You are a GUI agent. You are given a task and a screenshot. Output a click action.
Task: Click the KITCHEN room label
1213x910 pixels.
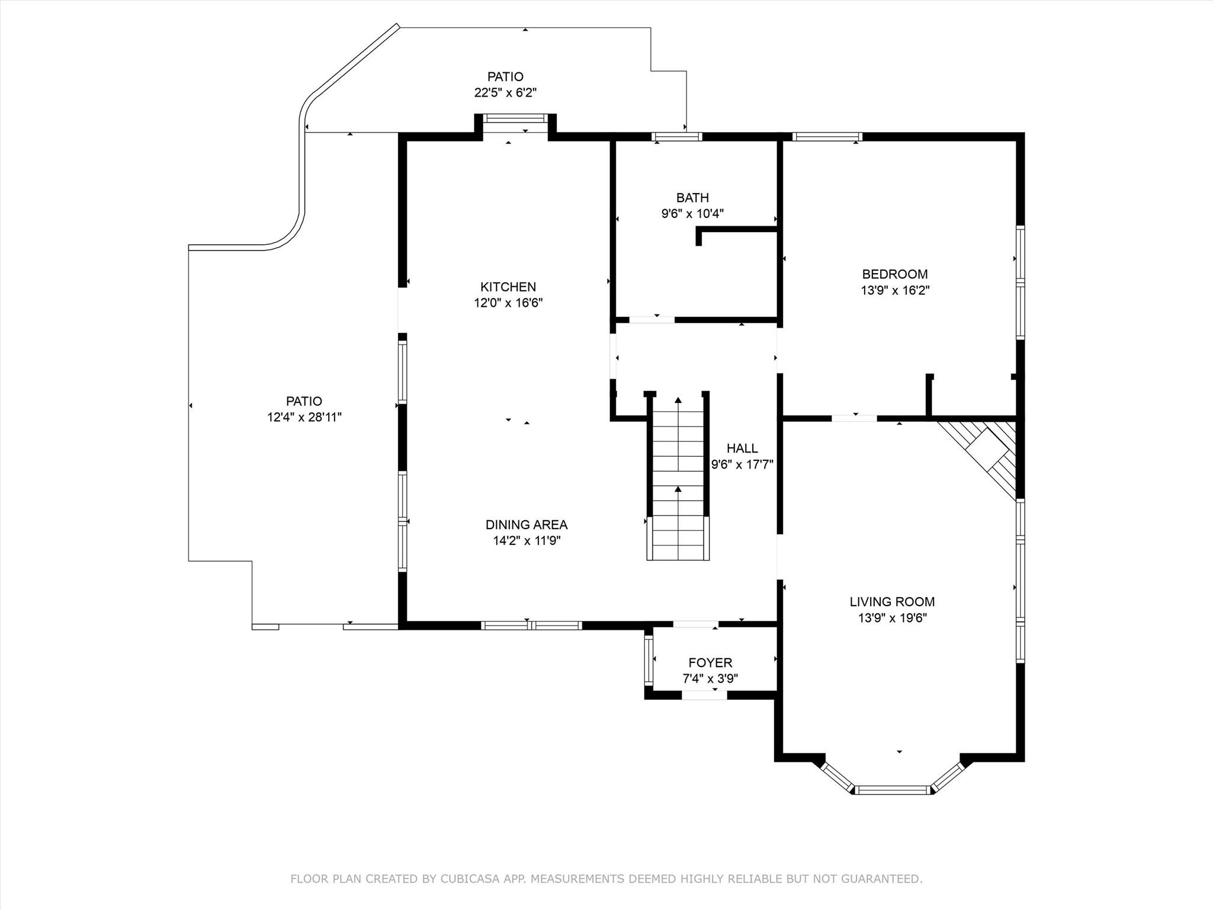tap(508, 287)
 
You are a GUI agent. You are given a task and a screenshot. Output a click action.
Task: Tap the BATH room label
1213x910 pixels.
tap(692, 197)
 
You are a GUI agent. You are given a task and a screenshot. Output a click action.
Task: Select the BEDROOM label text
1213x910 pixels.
tap(895, 274)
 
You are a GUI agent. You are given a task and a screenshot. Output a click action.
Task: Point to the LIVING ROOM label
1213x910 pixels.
tap(892, 602)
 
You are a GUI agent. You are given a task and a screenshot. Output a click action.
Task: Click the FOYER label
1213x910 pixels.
tap(710, 662)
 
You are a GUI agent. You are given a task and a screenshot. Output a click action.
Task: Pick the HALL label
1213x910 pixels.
tap(742, 448)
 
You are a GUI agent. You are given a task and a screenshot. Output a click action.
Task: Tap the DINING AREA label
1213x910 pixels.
tap(527, 524)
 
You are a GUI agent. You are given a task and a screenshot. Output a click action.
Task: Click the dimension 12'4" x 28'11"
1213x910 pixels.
tap(304, 417)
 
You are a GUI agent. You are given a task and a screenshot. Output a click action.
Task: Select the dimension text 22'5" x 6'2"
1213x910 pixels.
tap(505, 92)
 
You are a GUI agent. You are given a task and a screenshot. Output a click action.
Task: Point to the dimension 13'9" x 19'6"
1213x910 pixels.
tap(892, 618)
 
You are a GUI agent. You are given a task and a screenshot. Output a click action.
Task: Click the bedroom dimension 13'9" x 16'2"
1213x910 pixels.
tap(895, 290)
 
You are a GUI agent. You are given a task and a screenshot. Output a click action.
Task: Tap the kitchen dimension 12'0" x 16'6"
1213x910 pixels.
tap(508, 303)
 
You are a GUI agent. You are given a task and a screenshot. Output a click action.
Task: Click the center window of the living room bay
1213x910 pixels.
tap(893, 789)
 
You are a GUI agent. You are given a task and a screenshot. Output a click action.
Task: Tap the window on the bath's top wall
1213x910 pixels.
tap(677, 137)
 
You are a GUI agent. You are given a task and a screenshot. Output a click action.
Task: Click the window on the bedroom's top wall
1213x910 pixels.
tap(827, 137)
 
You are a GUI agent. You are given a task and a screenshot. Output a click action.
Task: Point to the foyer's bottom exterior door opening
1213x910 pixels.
tap(705, 695)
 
